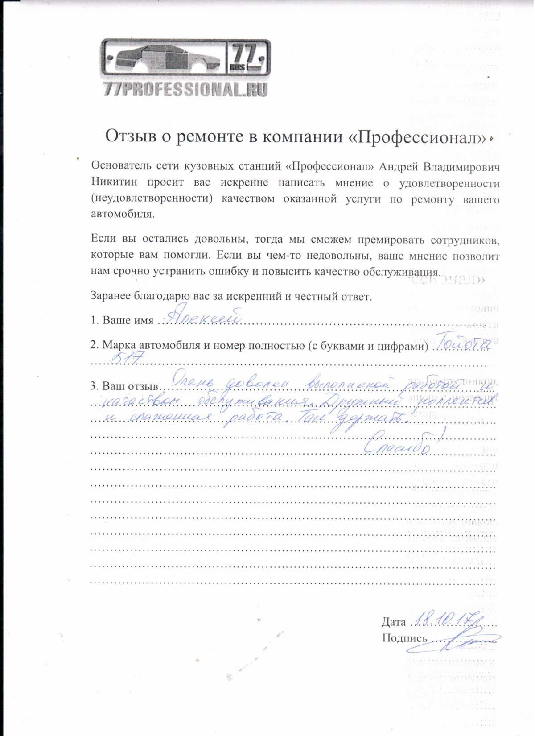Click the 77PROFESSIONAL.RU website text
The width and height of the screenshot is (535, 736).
pyautogui.click(x=185, y=90)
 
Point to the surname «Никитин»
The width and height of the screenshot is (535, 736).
pyautogui.click(x=114, y=182)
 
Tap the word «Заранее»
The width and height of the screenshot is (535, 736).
pyautogui.click(x=110, y=296)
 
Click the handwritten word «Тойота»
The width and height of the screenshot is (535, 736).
pyautogui.click(x=464, y=343)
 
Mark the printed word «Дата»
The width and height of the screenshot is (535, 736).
pyautogui.click(x=393, y=622)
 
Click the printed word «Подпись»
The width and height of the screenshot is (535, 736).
pyautogui.click(x=404, y=638)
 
